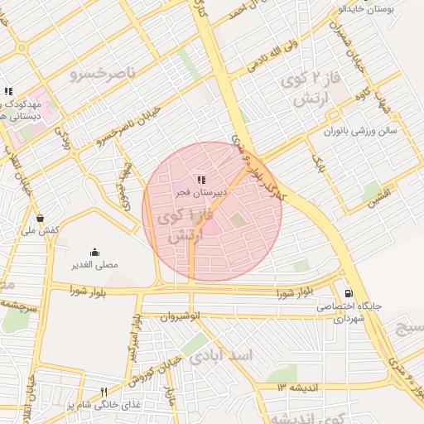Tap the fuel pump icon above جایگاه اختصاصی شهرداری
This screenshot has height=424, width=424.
pos(348,292)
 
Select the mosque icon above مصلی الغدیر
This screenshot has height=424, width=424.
pos(95,252)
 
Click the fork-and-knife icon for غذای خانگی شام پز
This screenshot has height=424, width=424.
pos(104,392)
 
